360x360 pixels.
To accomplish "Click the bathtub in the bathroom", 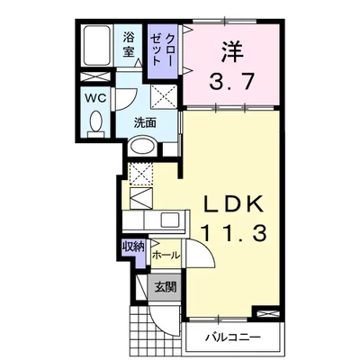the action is coord(96,46).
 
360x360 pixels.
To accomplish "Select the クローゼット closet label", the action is coord(162,49).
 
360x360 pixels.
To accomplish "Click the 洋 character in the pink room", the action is coord(231,51).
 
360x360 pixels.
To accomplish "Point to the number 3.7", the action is coord(231,82).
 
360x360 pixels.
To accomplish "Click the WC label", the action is coord(95,98).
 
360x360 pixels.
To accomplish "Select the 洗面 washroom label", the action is coord(145,122).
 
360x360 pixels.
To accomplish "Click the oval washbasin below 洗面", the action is coord(142,147).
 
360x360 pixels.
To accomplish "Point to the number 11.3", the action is coord(233,233).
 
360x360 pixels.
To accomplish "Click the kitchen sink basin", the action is coord(170,220).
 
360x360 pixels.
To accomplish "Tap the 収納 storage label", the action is coord(133,247).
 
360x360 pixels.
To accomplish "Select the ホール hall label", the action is coord(166,256).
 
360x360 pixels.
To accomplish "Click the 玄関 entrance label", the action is coord(166,287).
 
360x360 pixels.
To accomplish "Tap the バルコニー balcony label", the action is coord(232,337).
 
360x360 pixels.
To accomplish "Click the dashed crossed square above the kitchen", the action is coord(141,174).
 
